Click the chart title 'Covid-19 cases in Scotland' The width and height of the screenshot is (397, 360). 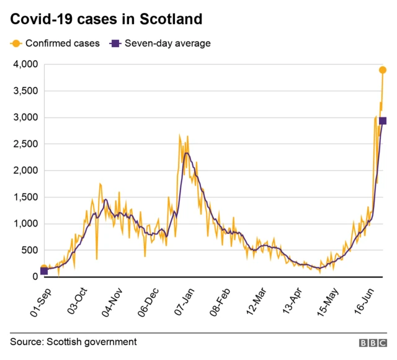[106, 19]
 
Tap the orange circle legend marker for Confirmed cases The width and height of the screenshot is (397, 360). [15, 43]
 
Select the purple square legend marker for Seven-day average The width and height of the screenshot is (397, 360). [115, 43]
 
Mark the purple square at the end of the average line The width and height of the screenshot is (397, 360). [383, 121]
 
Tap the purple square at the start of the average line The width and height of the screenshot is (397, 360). [43, 271]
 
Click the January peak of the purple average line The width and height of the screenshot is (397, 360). [186, 153]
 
